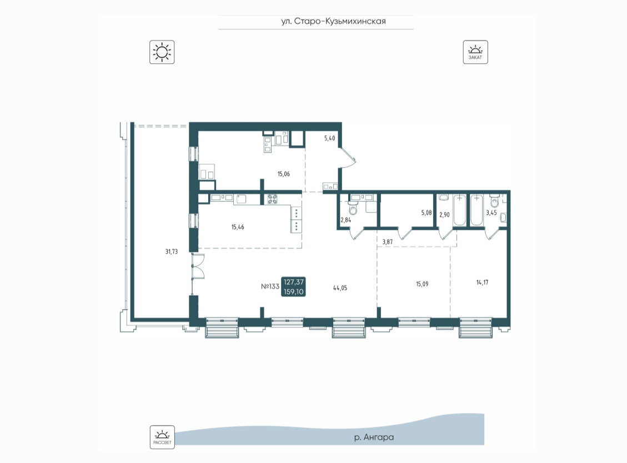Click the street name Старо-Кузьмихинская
[x=340, y=22]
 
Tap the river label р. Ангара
[x=374, y=437]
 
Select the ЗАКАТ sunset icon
[x=475, y=52]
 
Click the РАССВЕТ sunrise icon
[x=162, y=437]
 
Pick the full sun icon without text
[x=162, y=52]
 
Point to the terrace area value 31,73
[x=172, y=251]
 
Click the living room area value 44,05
[x=340, y=288]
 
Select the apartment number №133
[x=270, y=286]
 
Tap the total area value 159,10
[x=293, y=292]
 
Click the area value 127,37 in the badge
[x=293, y=282]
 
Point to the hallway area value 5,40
[x=329, y=138]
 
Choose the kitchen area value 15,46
[x=238, y=227]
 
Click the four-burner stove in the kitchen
[x=272, y=199]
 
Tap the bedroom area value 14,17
[x=482, y=282]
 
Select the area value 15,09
[x=422, y=284]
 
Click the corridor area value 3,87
[x=388, y=242]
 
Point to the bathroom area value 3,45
[x=491, y=213]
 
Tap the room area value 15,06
[x=283, y=174]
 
